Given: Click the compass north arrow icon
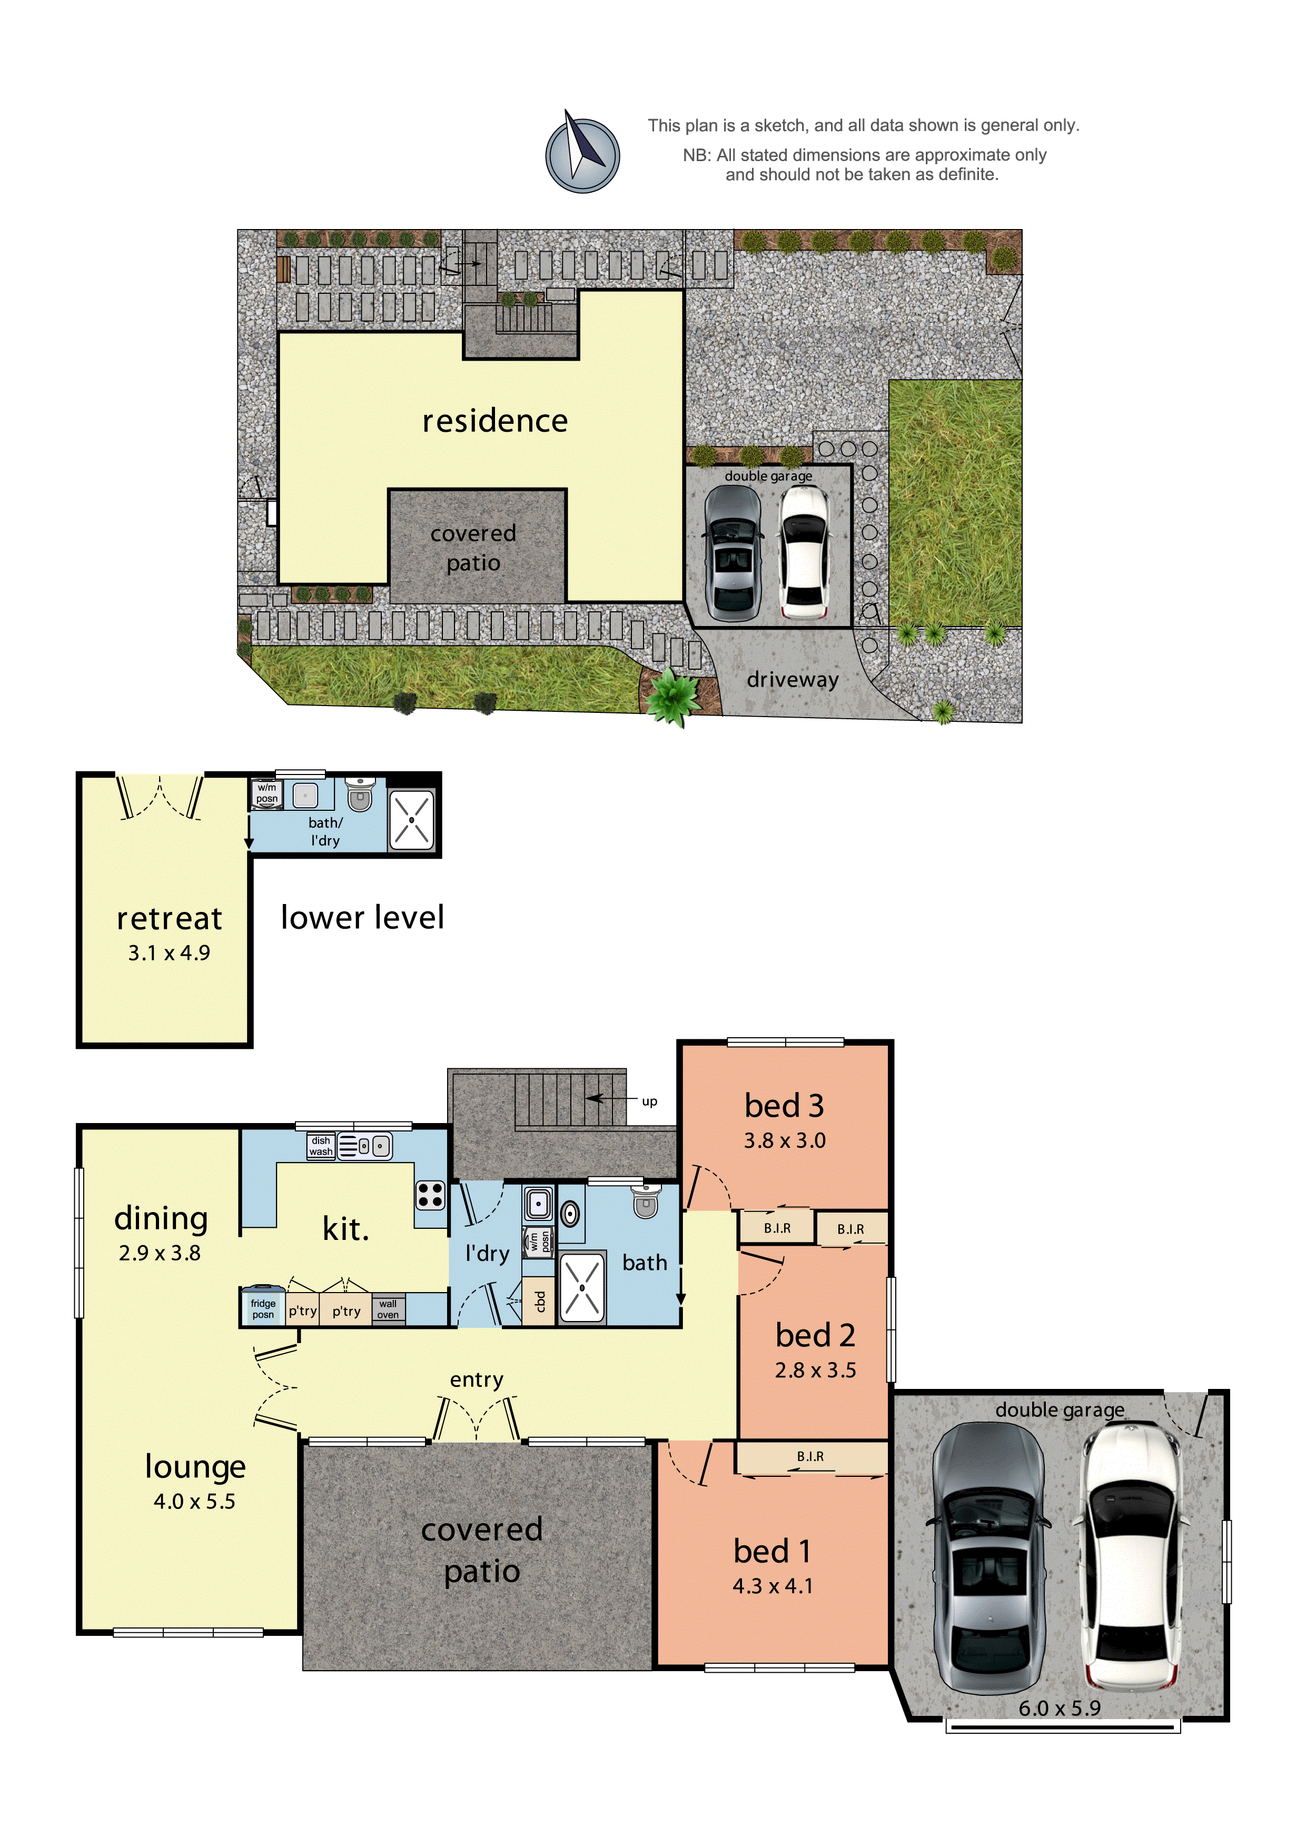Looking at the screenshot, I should point(582,153).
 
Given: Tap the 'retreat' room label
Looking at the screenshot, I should point(169,918).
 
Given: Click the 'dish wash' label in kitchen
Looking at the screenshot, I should point(320,1146).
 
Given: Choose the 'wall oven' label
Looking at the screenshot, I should point(388,1309).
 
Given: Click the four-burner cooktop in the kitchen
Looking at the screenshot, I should point(430,1195).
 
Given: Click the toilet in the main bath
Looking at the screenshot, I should point(645,1200).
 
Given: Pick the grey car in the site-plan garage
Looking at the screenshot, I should point(733,553).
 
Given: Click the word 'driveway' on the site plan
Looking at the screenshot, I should point(792,680).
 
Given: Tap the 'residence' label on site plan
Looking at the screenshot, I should point(495,421).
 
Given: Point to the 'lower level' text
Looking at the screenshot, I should point(362,917).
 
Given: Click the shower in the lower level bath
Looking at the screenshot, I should point(411,820).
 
